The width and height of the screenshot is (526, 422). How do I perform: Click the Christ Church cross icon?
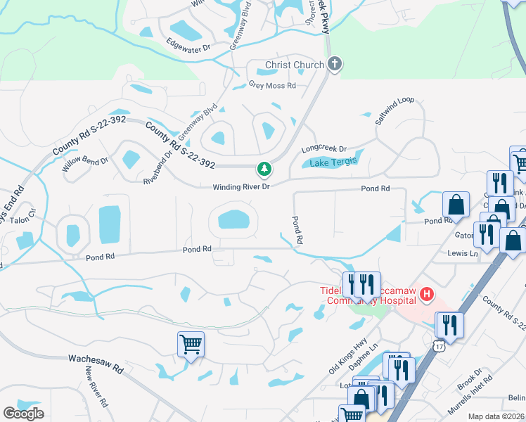pyautogui.click(x=334, y=65)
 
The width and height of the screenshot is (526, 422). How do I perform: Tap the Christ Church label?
pyautogui.click(x=295, y=65)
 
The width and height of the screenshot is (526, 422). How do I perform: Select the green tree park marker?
pyautogui.click(x=264, y=169)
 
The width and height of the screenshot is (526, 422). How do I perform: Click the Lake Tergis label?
pyautogui.click(x=334, y=161)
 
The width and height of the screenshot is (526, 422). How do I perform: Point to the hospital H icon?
pyautogui.click(x=427, y=294)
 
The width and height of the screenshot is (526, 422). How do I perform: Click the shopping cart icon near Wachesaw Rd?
pyautogui.click(x=191, y=345)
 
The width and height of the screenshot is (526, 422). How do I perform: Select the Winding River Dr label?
pyautogui.click(x=242, y=187)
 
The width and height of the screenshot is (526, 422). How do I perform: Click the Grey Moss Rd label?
pyautogui.click(x=272, y=86)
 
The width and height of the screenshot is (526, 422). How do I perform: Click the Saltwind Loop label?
pyautogui.click(x=394, y=111)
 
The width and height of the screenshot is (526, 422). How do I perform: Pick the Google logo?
pyautogui.click(x=23, y=414)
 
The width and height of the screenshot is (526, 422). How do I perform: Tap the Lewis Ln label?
pyautogui.click(x=463, y=252)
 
